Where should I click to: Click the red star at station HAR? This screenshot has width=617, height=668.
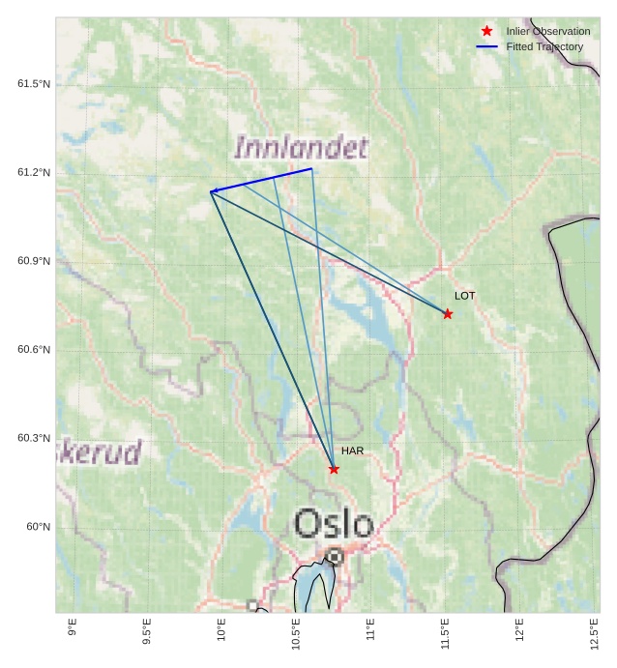(334, 469)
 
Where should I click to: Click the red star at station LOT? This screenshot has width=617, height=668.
(448, 314)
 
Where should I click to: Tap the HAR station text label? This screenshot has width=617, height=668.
(352, 451)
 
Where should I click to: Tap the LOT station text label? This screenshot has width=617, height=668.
(465, 296)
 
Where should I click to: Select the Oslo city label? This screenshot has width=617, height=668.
(334, 524)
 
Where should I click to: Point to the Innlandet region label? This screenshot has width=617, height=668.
(301, 148)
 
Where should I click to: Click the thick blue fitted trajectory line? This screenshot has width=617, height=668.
(262, 180)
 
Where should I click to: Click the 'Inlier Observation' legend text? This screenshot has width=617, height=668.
(547, 32)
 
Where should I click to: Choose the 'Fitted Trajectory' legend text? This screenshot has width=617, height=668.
(544, 47)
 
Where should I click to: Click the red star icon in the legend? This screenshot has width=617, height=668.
(487, 31)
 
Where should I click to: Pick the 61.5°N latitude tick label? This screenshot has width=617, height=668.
(34, 84)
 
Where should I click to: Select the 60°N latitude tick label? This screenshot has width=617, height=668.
(39, 527)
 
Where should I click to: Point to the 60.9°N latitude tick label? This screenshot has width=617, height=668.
(34, 261)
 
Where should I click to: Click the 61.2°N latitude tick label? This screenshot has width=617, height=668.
(34, 173)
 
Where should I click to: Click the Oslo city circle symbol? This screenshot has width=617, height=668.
(334, 557)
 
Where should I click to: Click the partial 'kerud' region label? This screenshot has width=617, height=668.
(100, 452)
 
